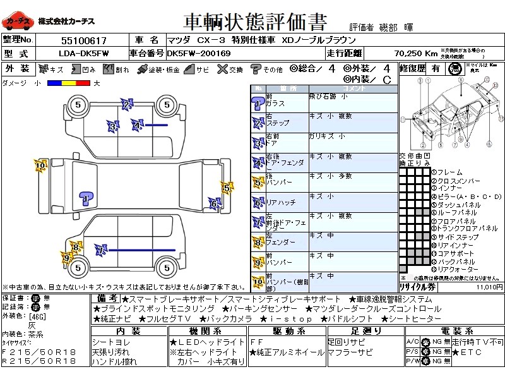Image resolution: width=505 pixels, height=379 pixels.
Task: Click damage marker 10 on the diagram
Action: pos(40,166)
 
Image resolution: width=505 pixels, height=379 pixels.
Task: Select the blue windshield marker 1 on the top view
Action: pos(86,200)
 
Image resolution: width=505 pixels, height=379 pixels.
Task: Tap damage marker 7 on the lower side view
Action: pos(99,251)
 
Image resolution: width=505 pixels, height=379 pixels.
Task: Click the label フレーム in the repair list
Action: pos(449,172)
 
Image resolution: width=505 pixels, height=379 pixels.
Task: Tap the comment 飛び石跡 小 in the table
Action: pos(328,97)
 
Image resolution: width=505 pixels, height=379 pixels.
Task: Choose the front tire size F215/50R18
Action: pos(39,351)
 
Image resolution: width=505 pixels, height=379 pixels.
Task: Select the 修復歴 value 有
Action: pos(436,69)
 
